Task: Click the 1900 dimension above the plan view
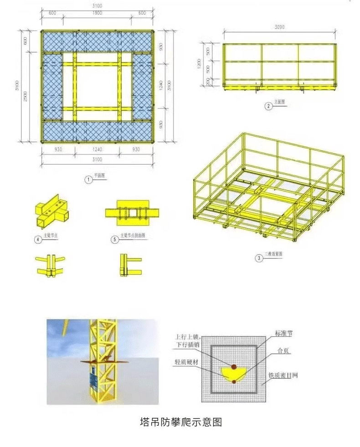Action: [97, 13]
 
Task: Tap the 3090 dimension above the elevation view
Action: [280, 27]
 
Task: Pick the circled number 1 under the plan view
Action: [89, 180]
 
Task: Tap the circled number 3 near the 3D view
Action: [259, 258]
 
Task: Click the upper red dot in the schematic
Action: [234, 366]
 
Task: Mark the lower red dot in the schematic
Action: [234, 381]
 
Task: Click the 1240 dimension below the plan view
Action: [97, 149]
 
